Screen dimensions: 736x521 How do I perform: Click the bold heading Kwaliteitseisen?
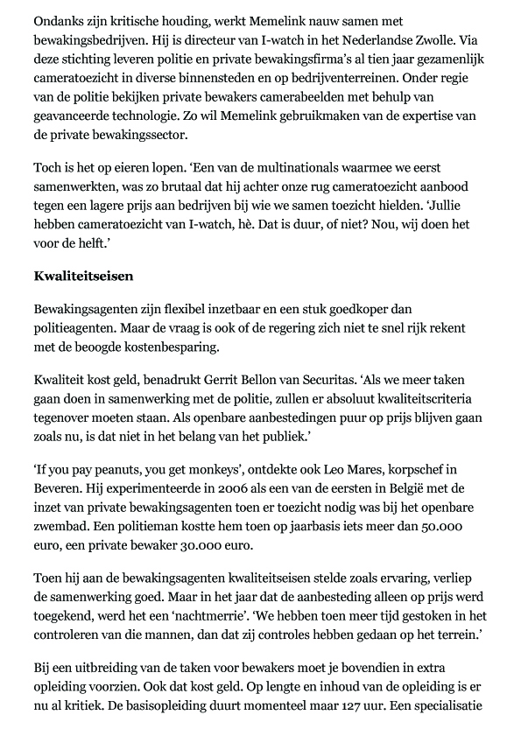tap(83, 277)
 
